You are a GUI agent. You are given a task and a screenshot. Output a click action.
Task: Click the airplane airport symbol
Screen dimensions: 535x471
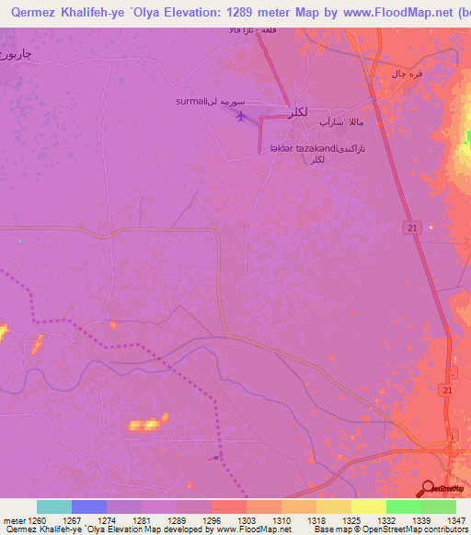(242, 116)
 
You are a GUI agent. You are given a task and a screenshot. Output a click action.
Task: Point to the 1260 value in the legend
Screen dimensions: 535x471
(37, 519)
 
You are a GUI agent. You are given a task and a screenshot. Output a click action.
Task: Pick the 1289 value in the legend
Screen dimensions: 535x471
(175, 519)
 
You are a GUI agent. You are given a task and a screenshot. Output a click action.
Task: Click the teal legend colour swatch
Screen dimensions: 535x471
(54, 507)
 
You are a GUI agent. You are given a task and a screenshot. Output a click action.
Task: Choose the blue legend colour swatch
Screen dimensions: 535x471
(89, 507)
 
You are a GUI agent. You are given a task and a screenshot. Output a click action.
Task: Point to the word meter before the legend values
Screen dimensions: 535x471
(16, 519)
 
